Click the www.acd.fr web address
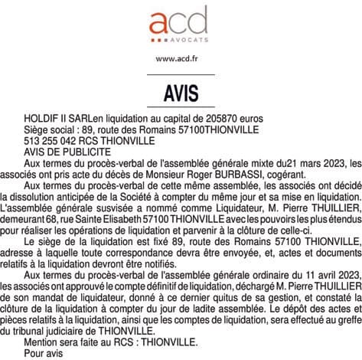[181, 58]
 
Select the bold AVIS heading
[181, 93]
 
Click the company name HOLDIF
[42, 119]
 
